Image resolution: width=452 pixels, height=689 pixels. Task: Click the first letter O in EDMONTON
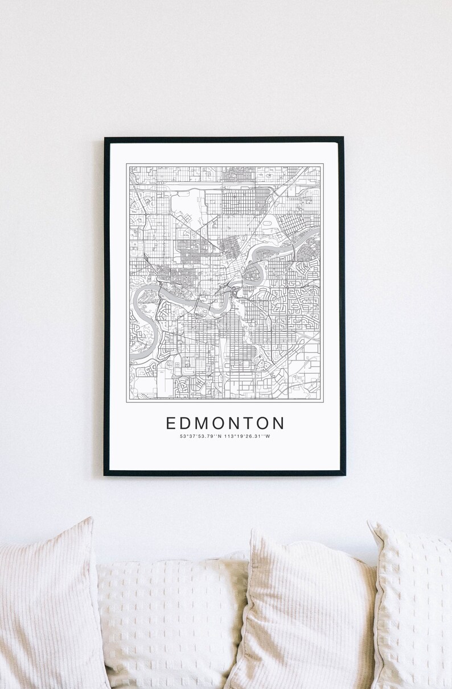(x=218, y=424)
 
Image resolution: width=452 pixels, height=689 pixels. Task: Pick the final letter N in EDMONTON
(x=278, y=424)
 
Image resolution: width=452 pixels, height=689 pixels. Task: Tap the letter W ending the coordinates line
(x=268, y=437)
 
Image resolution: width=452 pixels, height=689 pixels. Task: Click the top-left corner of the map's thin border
(x=127, y=164)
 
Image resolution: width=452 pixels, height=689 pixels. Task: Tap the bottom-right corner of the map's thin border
(x=323, y=402)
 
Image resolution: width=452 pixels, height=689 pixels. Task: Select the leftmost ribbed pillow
(x=48, y=608)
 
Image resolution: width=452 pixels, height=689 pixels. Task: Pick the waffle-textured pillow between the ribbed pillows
(x=171, y=620)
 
